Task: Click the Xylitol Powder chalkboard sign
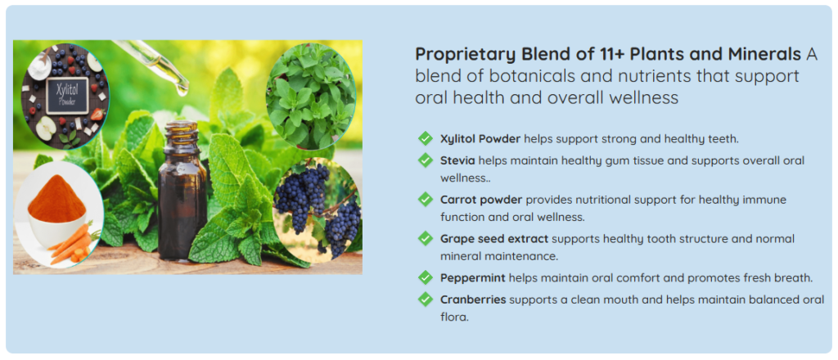point(67,96)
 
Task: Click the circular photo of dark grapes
point(317,210)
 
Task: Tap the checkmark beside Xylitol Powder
point(426,139)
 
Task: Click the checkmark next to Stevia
point(426,160)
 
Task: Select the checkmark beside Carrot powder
point(426,200)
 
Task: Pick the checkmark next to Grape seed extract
point(426,239)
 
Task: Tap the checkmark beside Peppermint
point(426,277)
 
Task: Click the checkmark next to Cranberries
point(426,299)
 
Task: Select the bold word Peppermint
point(473,278)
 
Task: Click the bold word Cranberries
point(473,299)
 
